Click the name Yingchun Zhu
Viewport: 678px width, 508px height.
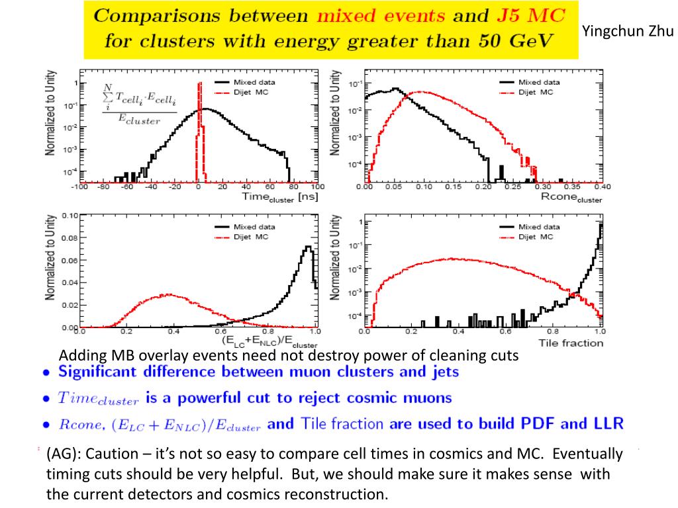(628, 30)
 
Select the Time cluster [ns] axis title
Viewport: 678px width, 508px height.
(280, 196)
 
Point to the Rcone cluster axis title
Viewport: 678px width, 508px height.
(571, 196)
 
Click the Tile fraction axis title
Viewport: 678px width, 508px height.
(571, 343)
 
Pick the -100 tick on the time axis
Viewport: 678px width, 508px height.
(80, 187)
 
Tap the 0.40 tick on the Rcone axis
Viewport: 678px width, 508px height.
(602, 187)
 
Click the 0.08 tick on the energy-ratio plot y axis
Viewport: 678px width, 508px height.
(70, 238)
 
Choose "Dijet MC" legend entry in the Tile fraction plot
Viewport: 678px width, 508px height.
(536, 237)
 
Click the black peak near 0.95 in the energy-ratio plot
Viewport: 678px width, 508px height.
(307, 247)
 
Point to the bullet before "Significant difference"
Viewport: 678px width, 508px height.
(46, 372)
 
